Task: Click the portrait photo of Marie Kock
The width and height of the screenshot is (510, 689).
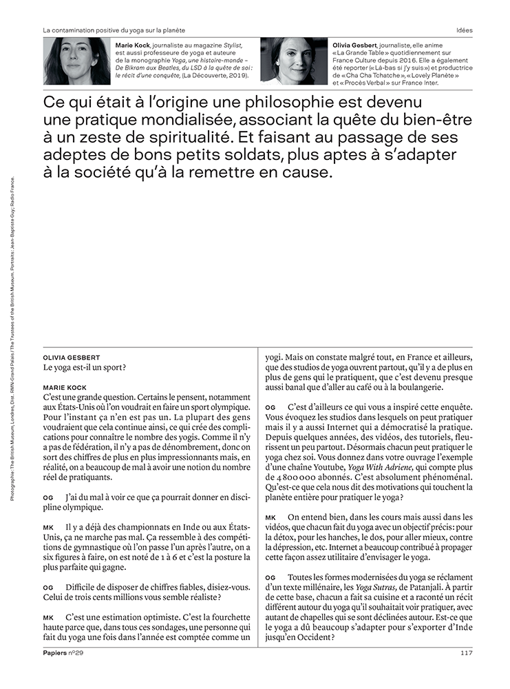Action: click(x=77, y=61)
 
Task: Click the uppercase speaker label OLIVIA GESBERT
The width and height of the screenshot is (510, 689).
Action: click(x=71, y=358)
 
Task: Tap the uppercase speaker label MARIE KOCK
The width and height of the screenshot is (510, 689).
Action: click(x=65, y=388)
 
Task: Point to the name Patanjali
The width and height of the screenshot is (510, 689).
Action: click(x=433, y=588)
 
